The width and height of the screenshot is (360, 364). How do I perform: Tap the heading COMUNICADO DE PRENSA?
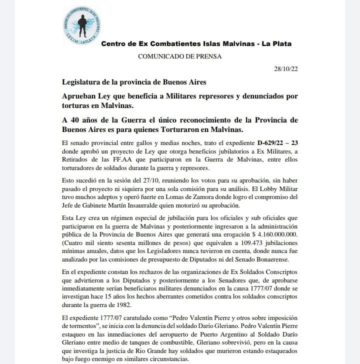click(179, 56)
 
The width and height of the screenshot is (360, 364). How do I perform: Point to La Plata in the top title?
click(276, 44)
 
